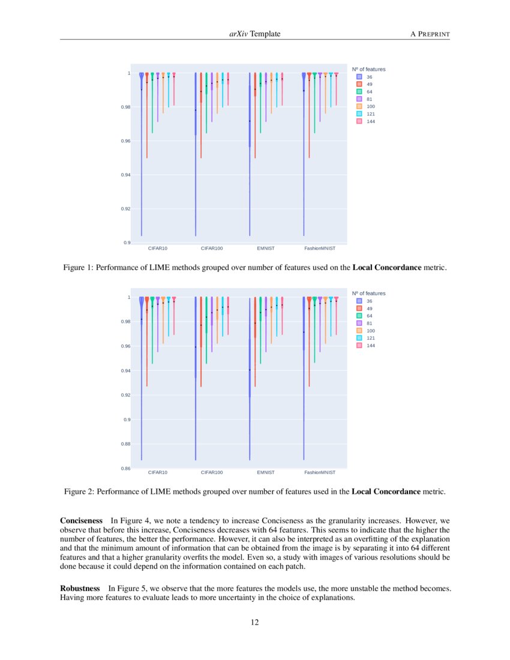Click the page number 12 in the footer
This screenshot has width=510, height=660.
click(x=254, y=622)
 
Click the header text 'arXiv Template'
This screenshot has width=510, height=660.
click(x=254, y=34)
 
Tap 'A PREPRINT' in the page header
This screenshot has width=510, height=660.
click(x=430, y=34)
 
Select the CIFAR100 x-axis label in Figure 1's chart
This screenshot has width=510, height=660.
click(x=211, y=248)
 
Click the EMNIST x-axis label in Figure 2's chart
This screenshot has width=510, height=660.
click(x=265, y=473)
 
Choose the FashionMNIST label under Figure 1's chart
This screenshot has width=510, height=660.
click(x=320, y=248)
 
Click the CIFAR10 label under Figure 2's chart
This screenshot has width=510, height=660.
click(x=157, y=473)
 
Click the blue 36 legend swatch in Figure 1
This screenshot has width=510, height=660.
click(x=359, y=77)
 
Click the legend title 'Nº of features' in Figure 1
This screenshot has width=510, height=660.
click(x=368, y=69)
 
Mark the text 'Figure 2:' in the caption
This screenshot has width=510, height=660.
click(x=79, y=492)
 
